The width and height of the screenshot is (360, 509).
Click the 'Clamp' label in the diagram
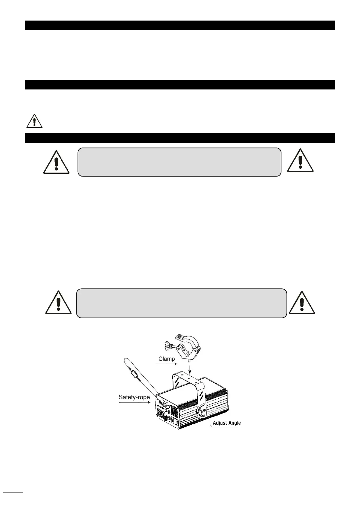tap(167, 359)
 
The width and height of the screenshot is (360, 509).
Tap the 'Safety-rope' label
tap(134, 397)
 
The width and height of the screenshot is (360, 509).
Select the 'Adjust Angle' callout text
tap(227, 423)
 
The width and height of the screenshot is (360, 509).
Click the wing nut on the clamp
tap(167, 343)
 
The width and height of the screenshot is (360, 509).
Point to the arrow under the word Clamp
tap(166, 364)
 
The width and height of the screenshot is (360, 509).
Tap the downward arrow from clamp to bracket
tap(190, 368)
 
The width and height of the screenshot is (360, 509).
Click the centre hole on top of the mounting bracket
tap(188, 378)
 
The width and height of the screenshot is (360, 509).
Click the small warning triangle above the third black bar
tap(34, 121)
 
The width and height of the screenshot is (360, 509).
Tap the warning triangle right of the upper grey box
tap(300, 161)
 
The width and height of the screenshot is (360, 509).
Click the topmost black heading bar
tap(180, 25)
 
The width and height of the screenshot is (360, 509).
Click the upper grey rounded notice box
tap(179, 162)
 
